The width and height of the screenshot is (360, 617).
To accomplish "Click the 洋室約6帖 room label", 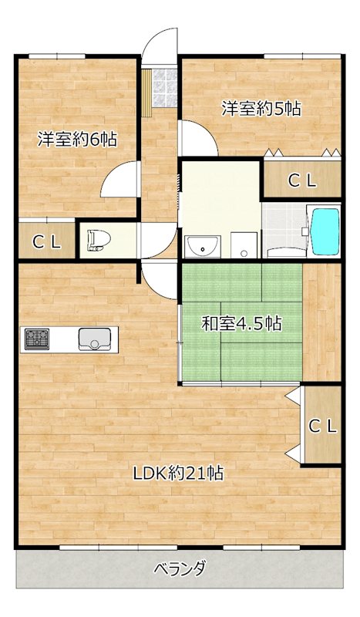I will [77, 140].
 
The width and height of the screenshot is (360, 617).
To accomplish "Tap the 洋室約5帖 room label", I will [261, 109].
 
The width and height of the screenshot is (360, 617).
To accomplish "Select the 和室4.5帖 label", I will [241, 323].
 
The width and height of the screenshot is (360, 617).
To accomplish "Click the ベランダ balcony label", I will [180, 569].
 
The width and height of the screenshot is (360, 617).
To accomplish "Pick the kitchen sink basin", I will [96, 338].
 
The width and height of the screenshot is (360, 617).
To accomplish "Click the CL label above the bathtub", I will [301, 181].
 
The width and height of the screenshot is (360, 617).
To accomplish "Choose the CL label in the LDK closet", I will [321, 426].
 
